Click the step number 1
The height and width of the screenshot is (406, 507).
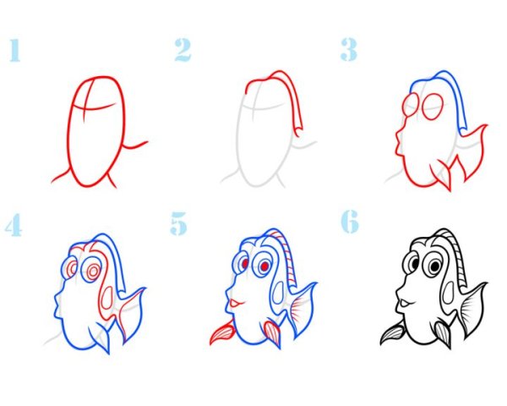tap(15, 50)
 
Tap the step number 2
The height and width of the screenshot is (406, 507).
tap(183, 50)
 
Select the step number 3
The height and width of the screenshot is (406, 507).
tap(348, 50)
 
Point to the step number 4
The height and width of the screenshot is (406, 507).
tap(14, 225)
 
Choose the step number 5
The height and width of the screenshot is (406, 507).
tap(178, 223)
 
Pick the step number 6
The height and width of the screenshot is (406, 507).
tap(350, 222)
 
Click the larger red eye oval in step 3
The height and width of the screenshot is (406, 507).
tap(433, 107)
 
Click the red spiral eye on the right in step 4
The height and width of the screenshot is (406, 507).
tap(93, 272)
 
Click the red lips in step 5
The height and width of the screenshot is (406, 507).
tap(236, 304)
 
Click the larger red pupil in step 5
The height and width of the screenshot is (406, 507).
tap(264, 266)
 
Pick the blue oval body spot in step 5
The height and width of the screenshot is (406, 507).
tap(278, 294)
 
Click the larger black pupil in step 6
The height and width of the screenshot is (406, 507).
tap(435, 266)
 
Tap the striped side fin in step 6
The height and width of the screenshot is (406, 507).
tap(393, 334)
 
